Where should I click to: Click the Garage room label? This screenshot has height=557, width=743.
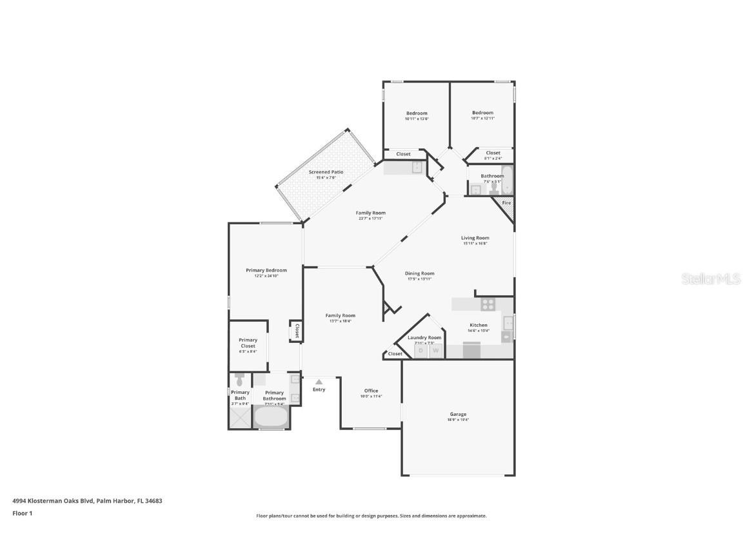(x=458, y=414)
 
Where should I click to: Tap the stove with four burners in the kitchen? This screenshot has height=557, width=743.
(x=488, y=304)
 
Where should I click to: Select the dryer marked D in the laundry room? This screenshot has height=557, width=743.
(x=421, y=351)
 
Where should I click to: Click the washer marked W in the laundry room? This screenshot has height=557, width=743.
(x=436, y=351)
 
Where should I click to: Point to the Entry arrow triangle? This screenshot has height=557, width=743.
(x=319, y=382)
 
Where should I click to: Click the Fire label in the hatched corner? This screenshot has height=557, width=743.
(x=506, y=203)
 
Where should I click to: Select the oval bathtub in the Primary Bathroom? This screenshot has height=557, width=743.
(x=270, y=417)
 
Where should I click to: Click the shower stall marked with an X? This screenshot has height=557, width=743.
(x=239, y=417)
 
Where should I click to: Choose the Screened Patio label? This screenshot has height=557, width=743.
(x=326, y=172)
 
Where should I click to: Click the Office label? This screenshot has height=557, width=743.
(x=371, y=391)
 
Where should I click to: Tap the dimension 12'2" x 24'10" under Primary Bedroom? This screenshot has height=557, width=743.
(x=266, y=276)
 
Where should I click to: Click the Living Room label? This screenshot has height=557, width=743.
(x=475, y=238)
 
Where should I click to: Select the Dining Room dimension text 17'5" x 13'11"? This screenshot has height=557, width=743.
(x=419, y=279)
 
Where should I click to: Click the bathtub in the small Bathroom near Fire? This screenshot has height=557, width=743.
(x=508, y=181)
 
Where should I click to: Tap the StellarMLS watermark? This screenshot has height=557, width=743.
(x=711, y=279)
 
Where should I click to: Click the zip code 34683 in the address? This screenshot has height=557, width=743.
(x=154, y=500)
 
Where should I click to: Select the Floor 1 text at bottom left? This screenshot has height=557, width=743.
(x=22, y=513)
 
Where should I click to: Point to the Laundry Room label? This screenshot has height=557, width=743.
(x=424, y=338)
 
